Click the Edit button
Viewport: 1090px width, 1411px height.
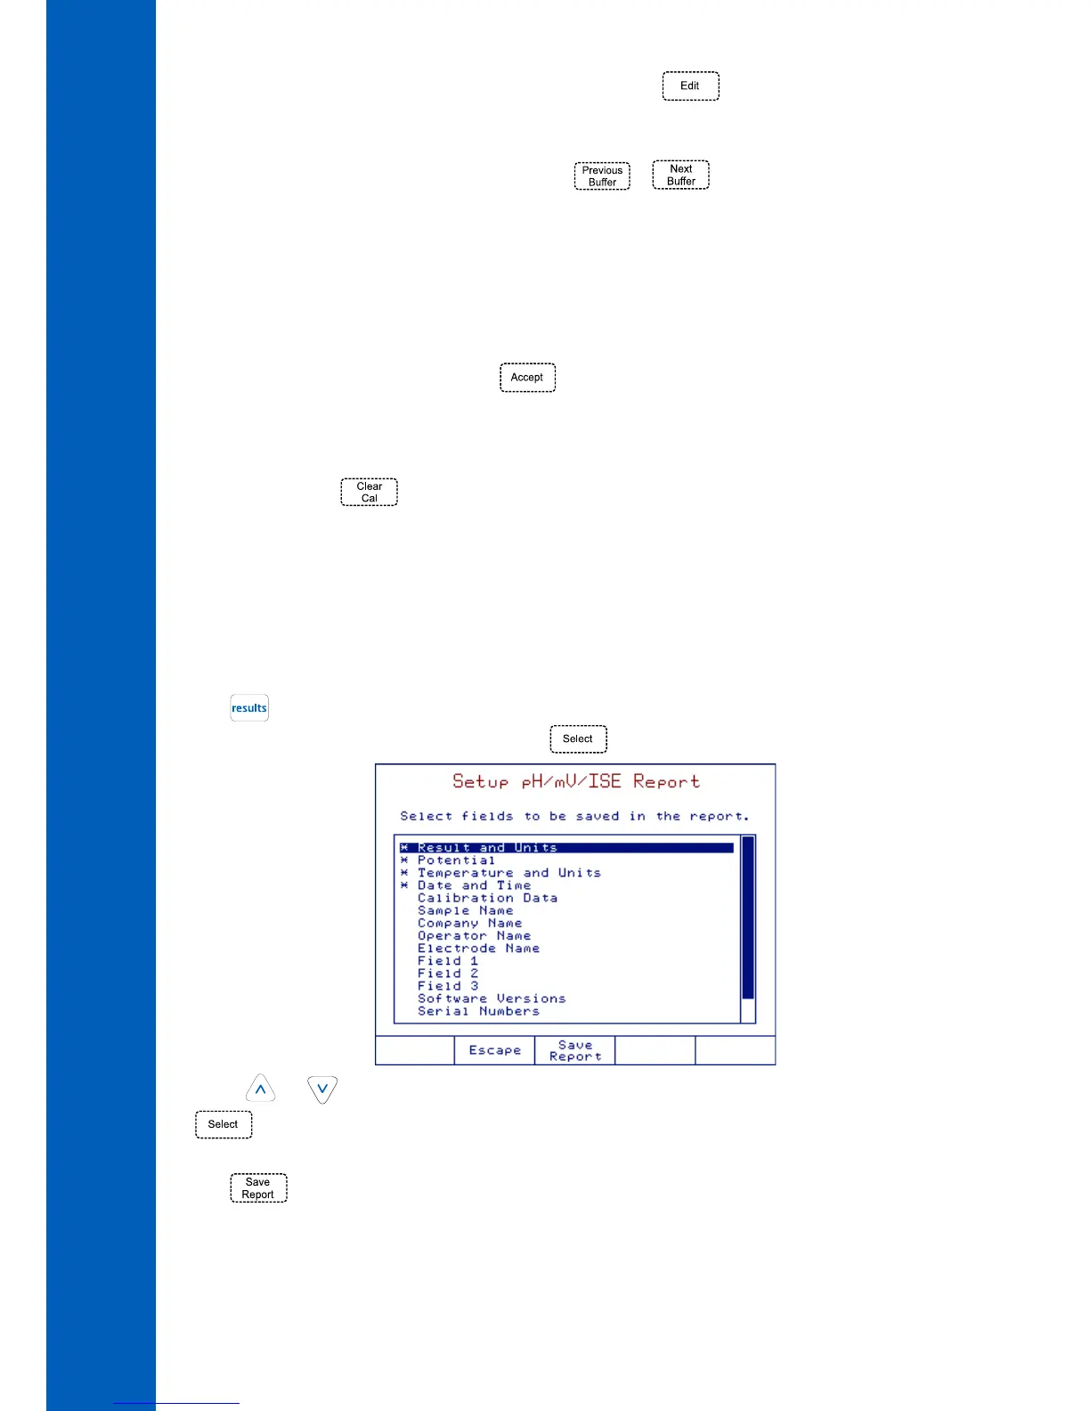click(x=690, y=86)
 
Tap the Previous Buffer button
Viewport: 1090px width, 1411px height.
click(x=602, y=176)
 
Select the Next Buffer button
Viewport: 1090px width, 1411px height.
click(x=681, y=175)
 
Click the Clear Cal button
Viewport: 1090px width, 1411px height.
click(x=370, y=493)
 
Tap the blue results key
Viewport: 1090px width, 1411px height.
click(x=249, y=708)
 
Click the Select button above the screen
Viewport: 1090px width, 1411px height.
click(x=578, y=739)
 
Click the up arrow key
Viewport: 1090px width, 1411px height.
click(x=260, y=1089)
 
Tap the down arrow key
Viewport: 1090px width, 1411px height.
click(x=322, y=1089)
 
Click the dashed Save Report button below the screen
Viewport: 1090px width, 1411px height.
click(x=258, y=1188)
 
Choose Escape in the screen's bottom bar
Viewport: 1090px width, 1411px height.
click(x=495, y=1050)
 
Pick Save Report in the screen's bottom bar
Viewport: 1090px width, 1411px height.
click(x=575, y=1050)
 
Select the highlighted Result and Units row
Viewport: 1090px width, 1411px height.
click(x=487, y=848)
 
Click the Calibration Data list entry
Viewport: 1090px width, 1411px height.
click(x=487, y=898)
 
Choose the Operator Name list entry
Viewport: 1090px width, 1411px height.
click(x=474, y=936)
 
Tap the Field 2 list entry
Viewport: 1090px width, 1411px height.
click(x=448, y=974)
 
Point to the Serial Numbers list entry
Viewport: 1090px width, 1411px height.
click(x=478, y=1011)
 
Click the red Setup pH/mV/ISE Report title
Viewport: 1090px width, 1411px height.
click(x=576, y=782)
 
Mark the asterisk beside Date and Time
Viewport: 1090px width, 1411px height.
click(x=404, y=885)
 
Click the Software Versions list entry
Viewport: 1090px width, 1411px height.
click(x=492, y=999)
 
